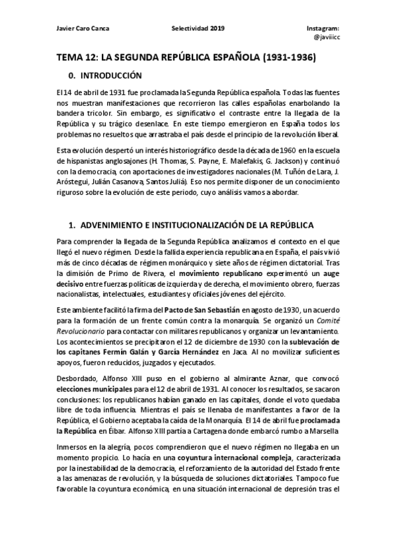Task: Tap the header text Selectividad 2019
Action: click(198, 29)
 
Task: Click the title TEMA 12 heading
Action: click(186, 58)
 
